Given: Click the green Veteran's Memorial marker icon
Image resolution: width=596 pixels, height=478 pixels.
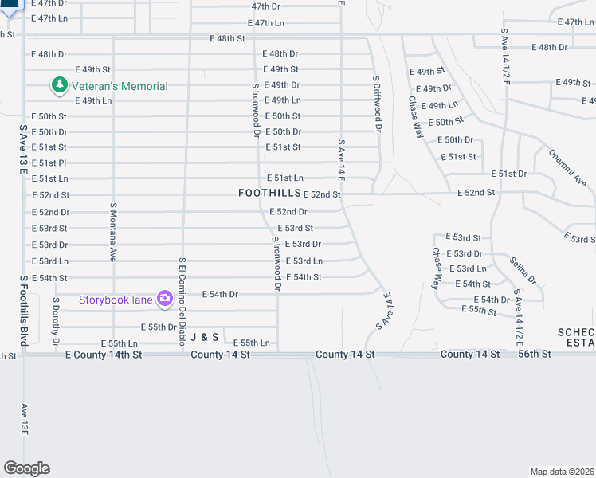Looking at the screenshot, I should coord(58,84).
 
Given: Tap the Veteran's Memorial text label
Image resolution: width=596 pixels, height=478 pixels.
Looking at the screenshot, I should coord(117,86).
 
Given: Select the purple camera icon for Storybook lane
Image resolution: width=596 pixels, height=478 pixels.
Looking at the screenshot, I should coord(165,299).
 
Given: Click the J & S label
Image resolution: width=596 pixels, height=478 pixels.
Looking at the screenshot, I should coord(204,337).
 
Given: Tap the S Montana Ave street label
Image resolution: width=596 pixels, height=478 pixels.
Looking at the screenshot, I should coord(113,231).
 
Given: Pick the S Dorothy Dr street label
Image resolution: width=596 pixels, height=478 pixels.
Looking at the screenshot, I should coord(56,322).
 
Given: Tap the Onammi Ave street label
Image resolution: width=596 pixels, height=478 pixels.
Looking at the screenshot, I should coord(567,168).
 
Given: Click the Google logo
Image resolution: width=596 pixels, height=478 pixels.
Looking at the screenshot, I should coord(26,468).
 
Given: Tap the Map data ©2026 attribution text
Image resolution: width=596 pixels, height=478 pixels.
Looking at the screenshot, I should coord(562,472).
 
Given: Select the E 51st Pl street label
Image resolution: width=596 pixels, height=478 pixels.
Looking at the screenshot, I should coord(49,163).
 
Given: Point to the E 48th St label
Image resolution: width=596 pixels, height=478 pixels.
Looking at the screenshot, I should coord(226,38).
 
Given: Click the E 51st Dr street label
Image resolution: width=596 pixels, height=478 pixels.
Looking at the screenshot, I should coord(508,173).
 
